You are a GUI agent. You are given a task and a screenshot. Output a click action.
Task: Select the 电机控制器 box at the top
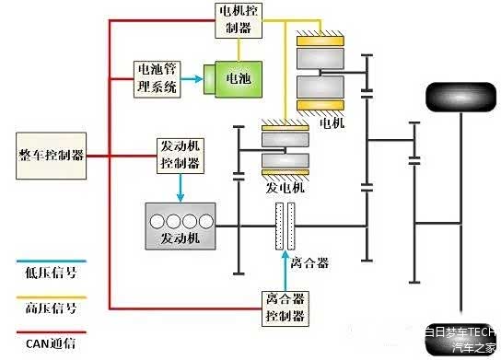[237, 18]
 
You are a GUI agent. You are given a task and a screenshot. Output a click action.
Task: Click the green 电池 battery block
[239, 79]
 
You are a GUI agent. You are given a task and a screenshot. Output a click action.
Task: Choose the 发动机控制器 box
[180, 155]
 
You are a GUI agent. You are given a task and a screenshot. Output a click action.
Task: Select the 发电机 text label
[285, 188]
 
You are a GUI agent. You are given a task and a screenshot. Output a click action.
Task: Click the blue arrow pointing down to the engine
[180, 187]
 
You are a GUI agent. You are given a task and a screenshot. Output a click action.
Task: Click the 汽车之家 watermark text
[475, 347]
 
